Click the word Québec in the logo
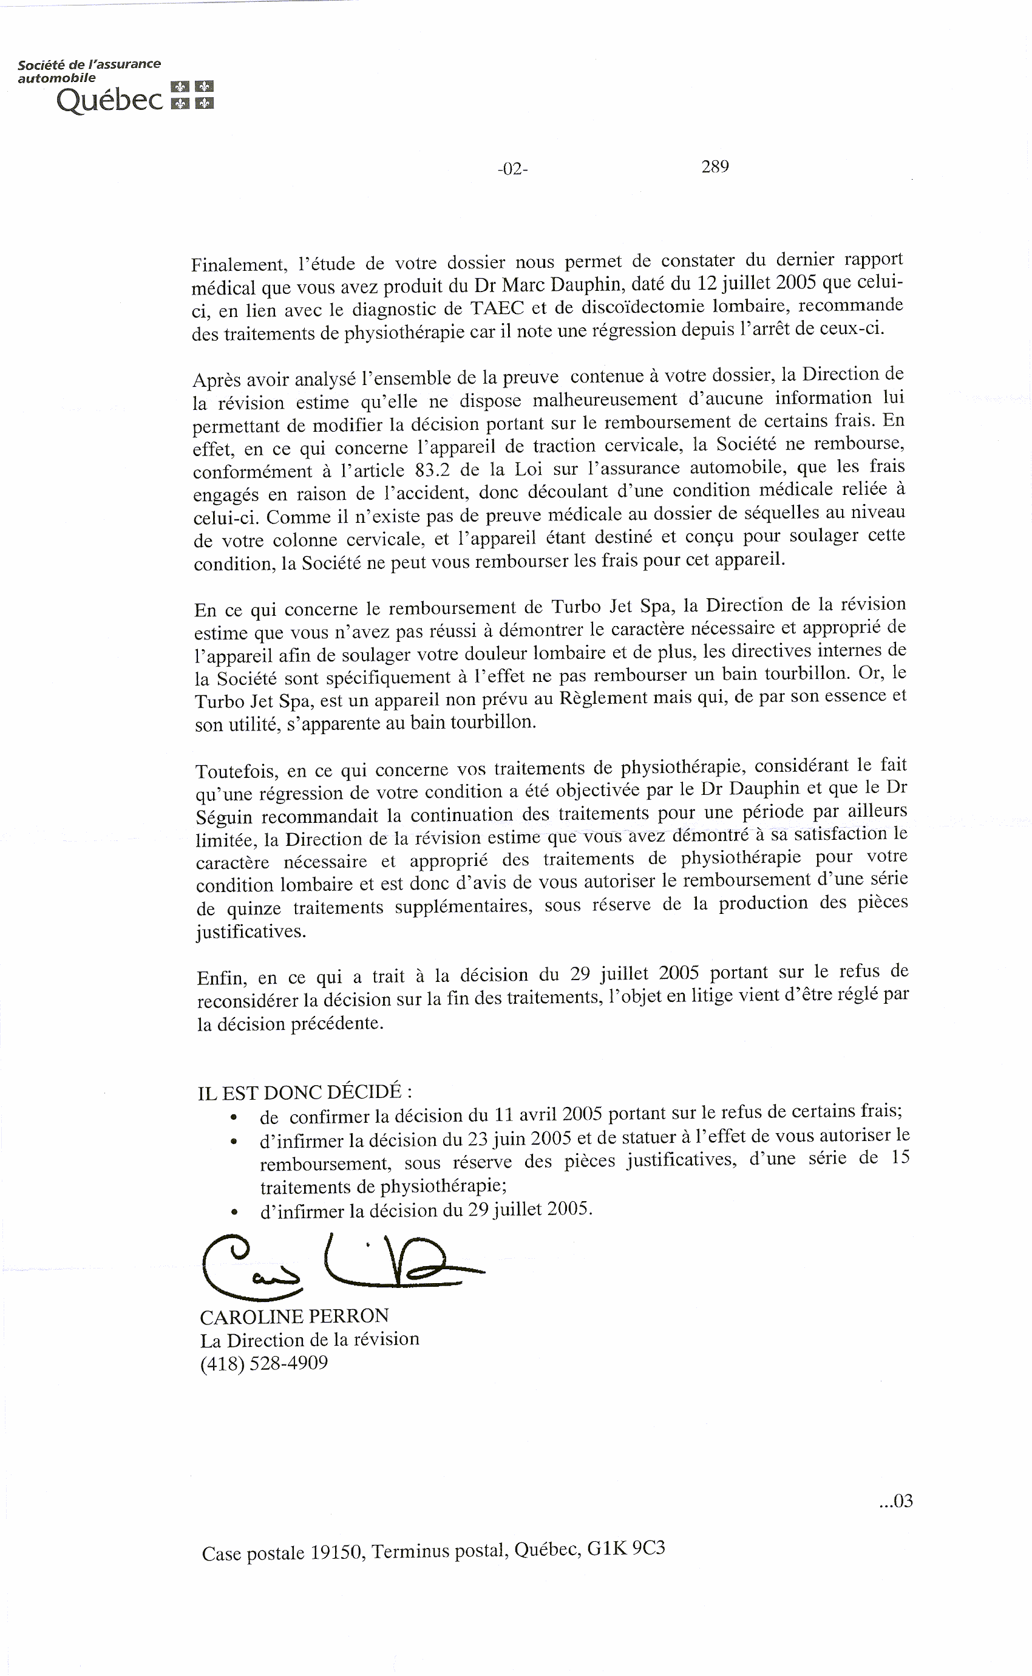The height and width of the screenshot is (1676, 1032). pyautogui.click(x=109, y=100)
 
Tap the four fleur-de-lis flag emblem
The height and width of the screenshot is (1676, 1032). pyautogui.click(x=192, y=95)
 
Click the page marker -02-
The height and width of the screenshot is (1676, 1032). pyautogui.click(x=512, y=169)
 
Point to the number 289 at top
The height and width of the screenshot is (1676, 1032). pyautogui.click(x=715, y=166)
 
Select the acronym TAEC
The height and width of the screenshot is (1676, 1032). pyautogui.click(x=496, y=308)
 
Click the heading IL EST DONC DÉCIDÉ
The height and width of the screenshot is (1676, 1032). pyautogui.click(x=304, y=1092)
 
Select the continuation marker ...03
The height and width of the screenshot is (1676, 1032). pyautogui.click(x=895, y=1501)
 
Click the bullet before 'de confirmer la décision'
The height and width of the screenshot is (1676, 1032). pyautogui.click(x=234, y=1118)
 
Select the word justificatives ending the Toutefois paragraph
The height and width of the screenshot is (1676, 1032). pyautogui.click(x=250, y=931)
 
